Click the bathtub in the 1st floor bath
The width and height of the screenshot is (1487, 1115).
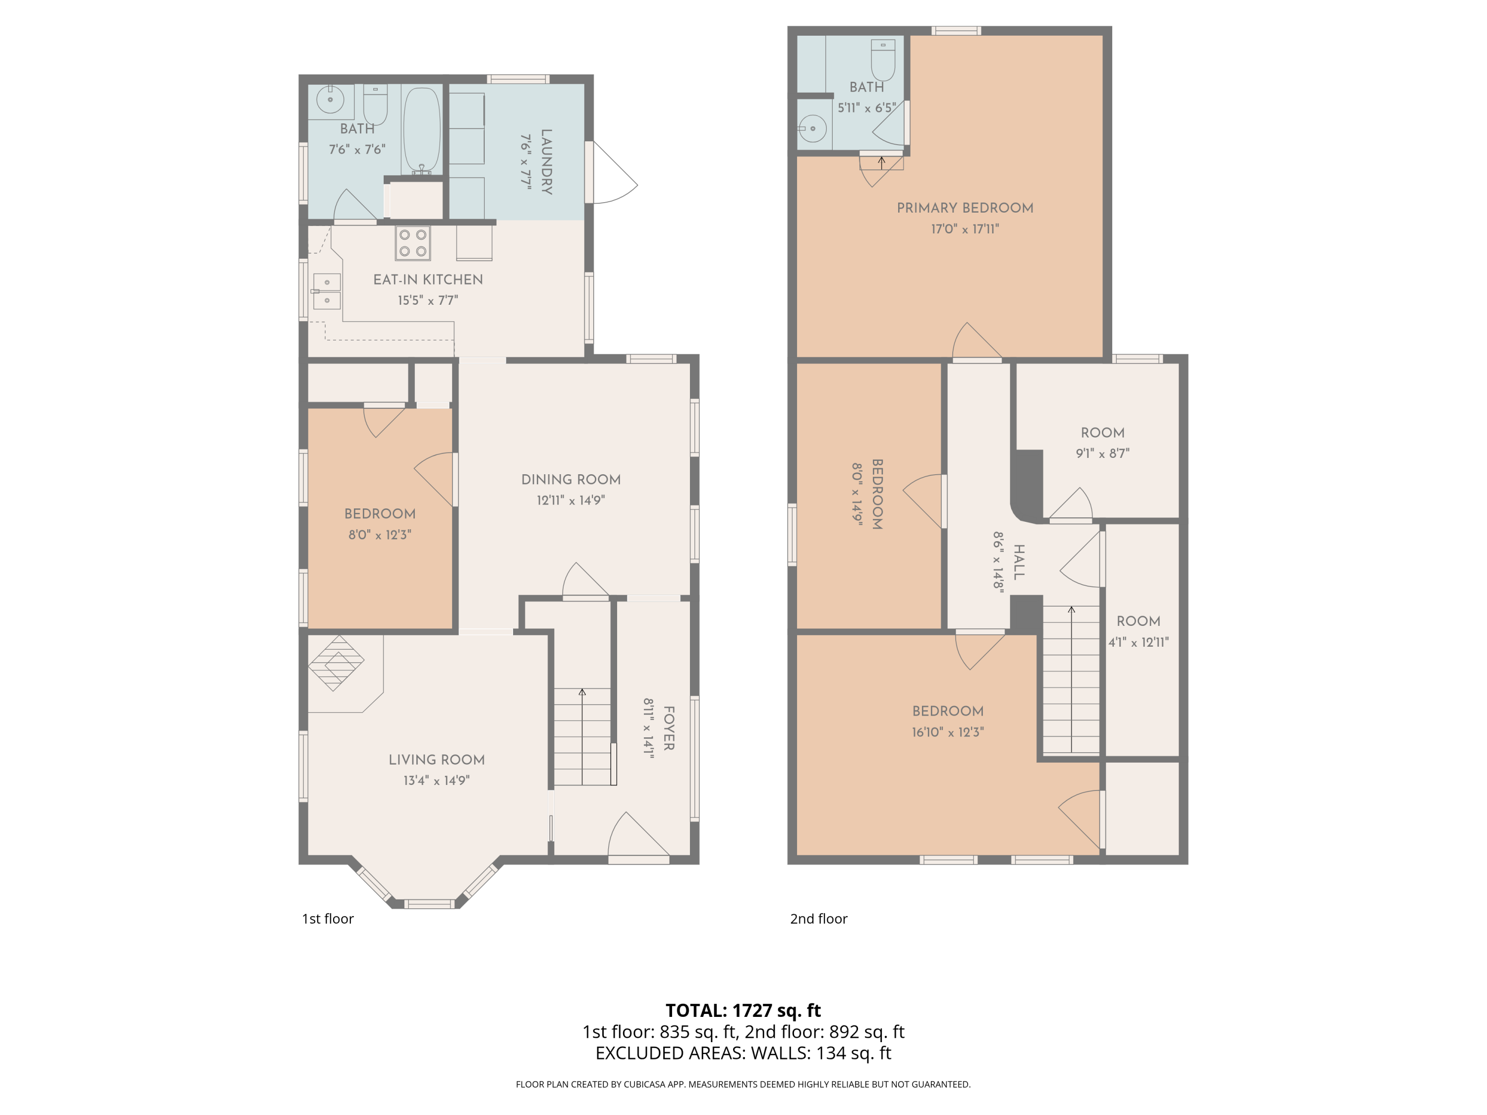pos(421,131)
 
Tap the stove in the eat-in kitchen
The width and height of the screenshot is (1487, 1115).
pos(413,243)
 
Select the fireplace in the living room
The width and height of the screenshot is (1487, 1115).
pos(336,663)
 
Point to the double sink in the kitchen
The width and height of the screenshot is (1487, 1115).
pos(327,291)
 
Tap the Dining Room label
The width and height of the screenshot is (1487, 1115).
pos(571,479)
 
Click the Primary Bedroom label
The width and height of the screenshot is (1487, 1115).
pos(965,208)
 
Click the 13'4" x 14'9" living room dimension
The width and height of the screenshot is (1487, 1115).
pos(436,780)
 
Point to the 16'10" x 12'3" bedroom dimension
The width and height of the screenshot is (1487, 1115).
pos(948,732)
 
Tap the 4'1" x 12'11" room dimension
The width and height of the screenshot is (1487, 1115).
pos(1138,642)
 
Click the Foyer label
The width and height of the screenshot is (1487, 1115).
pos(669,728)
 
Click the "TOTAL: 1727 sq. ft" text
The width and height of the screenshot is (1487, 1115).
pos(743,1010)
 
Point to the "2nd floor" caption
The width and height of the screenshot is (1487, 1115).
pos(818,919)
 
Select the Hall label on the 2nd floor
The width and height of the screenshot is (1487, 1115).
pos(1019,562)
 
